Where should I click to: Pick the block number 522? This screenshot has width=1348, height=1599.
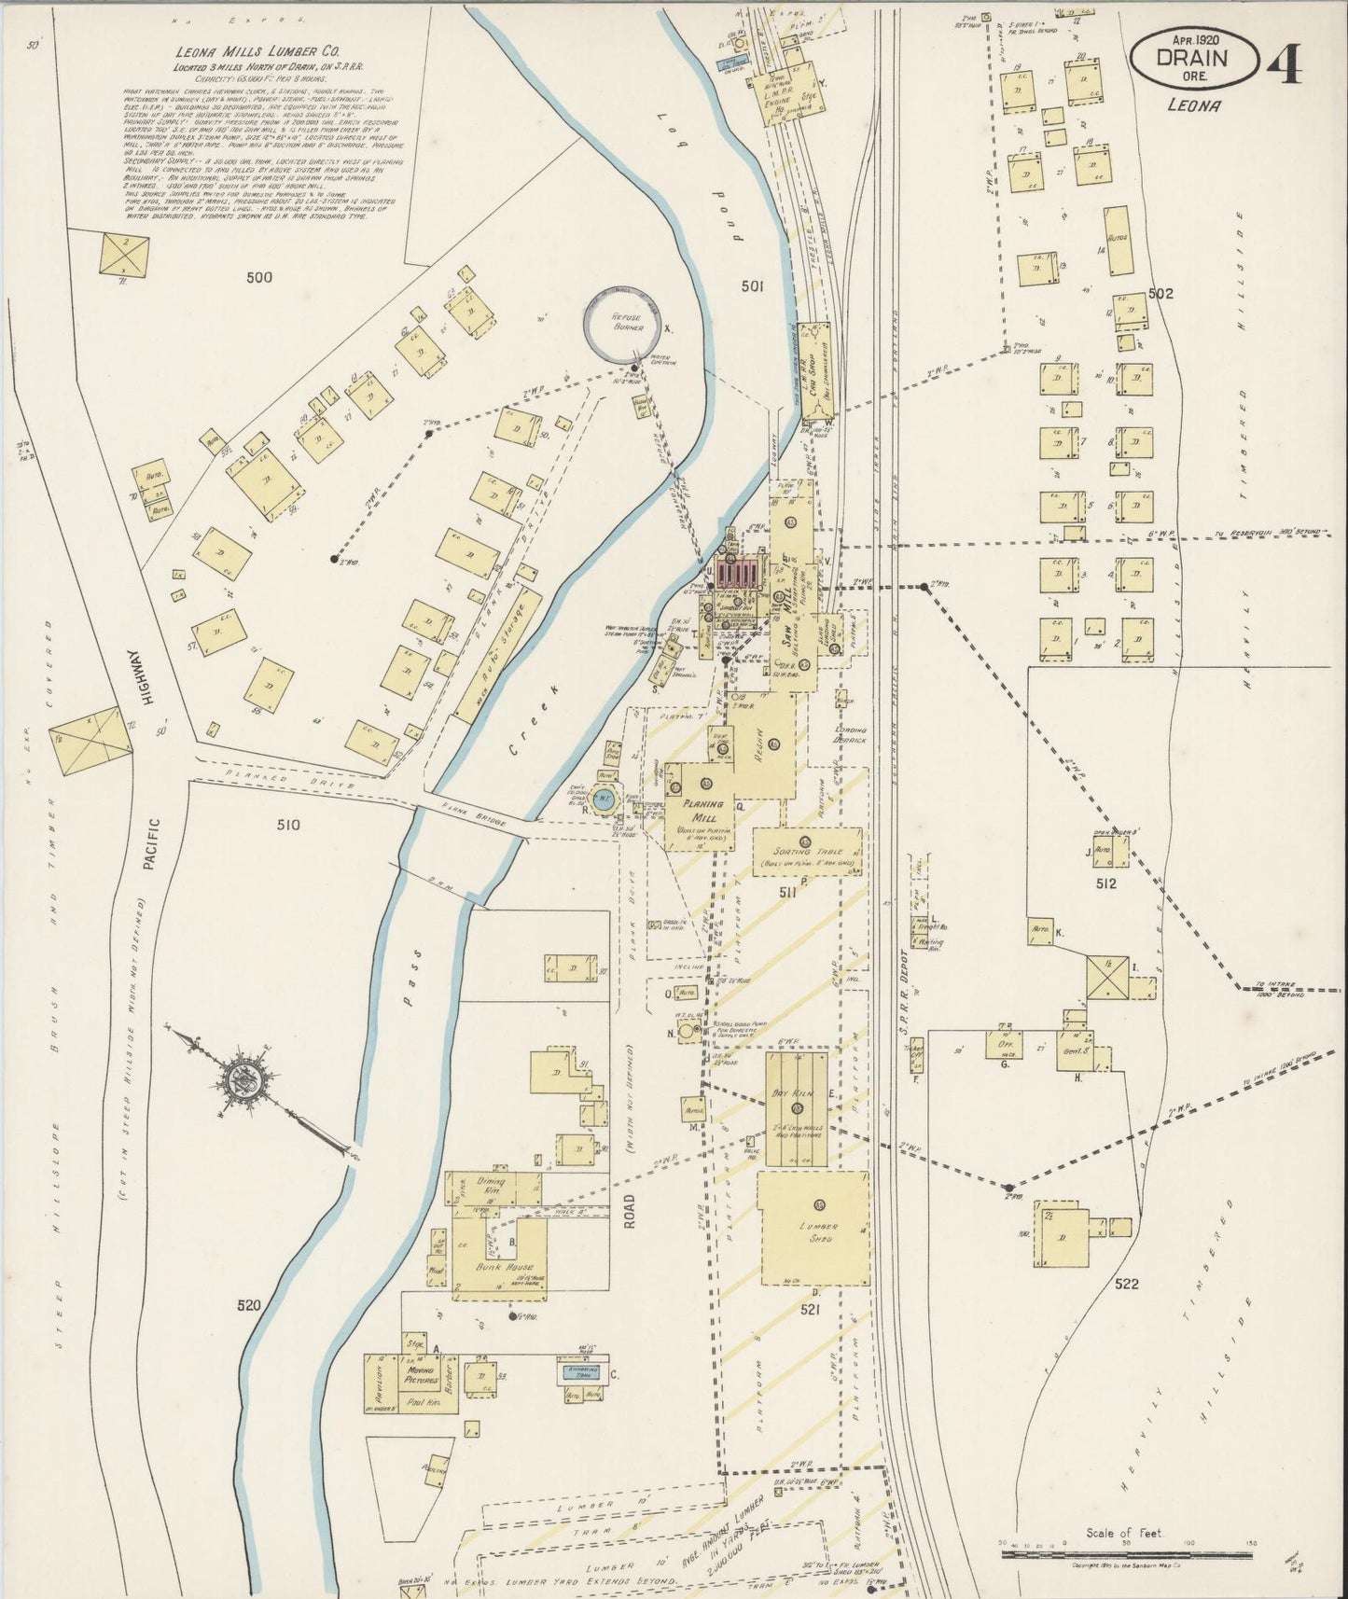point(1127,1285)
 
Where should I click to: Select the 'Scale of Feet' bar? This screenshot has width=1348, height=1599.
point(1130,1554)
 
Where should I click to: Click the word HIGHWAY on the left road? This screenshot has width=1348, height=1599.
point(135,676)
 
